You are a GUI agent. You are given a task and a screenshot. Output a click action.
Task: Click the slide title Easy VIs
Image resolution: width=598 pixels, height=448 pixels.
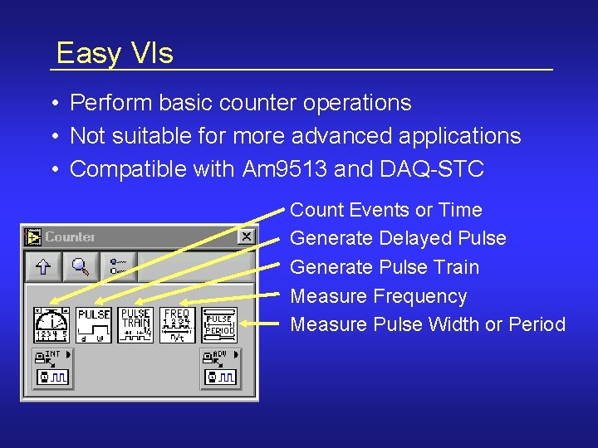[x=115, y=53]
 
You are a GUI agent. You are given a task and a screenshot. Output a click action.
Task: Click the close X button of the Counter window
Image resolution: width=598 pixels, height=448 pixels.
[x=246, y=237]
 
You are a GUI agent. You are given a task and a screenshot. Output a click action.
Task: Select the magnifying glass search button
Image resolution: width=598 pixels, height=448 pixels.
[x=81, y=266]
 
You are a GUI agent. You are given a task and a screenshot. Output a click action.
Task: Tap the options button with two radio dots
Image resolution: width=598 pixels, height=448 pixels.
[x=119, y=266]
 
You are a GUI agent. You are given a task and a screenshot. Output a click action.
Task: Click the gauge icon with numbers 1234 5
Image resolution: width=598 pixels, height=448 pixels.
[x=51, y=325]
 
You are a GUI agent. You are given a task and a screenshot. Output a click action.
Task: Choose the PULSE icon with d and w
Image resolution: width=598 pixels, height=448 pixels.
[x=94, y=325]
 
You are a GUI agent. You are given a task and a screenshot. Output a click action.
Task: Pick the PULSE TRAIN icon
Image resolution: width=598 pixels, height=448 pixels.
[x=135, y=325]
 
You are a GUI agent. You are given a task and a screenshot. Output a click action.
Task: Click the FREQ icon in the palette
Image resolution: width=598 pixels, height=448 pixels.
[x=177, y=325]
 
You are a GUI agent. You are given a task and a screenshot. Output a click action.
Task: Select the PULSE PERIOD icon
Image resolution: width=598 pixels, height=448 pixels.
[x=219, y=325]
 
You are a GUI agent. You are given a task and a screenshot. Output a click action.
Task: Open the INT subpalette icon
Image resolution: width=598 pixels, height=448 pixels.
[x=51, y=368]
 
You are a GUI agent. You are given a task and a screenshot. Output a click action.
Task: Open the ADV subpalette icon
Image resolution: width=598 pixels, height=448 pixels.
[x=219, y=368]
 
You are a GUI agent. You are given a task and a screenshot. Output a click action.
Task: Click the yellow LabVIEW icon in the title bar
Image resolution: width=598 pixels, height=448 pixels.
[x=33, y=237]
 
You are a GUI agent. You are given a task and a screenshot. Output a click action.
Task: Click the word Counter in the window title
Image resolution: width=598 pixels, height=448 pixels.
[x=70, y=237]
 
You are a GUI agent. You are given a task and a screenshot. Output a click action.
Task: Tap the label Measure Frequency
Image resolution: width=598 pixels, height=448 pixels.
[x=378, y=296]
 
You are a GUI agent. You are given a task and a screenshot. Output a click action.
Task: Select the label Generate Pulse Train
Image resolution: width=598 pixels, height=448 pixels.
[x=385, y=267]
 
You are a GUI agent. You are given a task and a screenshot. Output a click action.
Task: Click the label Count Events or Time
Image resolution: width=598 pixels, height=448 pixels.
[x=385, y=210]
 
